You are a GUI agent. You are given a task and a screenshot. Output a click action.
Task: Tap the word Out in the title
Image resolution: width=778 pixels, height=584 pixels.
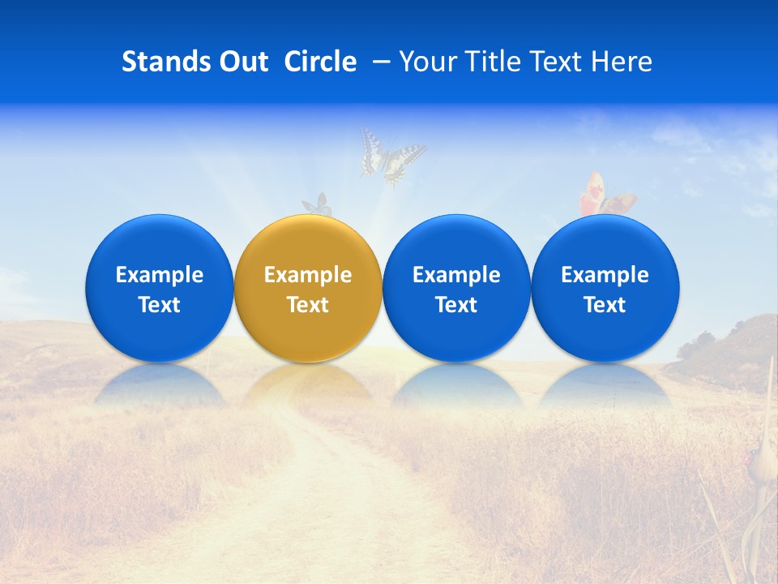[x=241, y=62]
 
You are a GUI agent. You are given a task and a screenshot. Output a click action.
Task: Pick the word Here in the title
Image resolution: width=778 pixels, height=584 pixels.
[x=621, y=62]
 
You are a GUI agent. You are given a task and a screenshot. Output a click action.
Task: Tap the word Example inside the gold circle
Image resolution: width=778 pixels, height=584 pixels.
[x=308, y=275]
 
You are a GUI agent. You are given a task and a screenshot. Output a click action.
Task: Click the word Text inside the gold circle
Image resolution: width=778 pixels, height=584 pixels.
[x=308, y=305]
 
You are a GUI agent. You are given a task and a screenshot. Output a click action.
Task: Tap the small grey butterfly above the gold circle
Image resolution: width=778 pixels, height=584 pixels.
[x=318, y=205]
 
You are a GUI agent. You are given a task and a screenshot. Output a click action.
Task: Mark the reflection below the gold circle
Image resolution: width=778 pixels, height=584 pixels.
[x=308, y=383]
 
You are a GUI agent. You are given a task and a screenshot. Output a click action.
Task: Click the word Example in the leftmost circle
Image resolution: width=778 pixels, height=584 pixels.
[x=160, y=275]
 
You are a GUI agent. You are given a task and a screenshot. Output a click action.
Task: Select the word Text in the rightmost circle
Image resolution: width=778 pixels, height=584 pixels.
[x=605, y=305]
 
